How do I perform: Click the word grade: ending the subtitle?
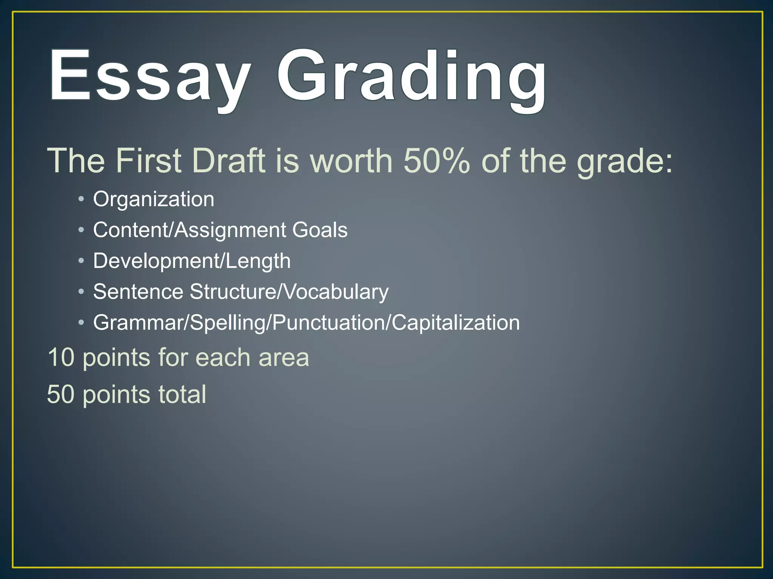[x=625, y=162]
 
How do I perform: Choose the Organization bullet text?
[x=154, y=199]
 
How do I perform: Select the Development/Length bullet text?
[x=192, y=261]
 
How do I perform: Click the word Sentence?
[x=138, y=292]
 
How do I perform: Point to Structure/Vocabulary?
[x=289, y=292]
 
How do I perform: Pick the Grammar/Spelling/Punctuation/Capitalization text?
[x=306, y=323]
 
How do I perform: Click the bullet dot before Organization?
[x=81, y=199]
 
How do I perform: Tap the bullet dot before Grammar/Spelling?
[x=81, y=323]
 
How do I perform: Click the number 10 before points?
[x=61, y=357]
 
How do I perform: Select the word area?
[x=284, y=358]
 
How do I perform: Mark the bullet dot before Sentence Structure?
[x=81, y=292]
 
